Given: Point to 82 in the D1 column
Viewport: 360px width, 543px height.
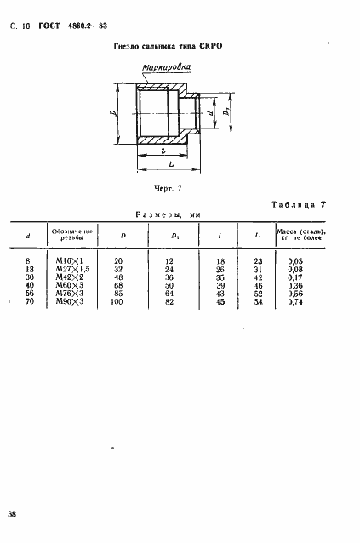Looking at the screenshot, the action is click(169, 301).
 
